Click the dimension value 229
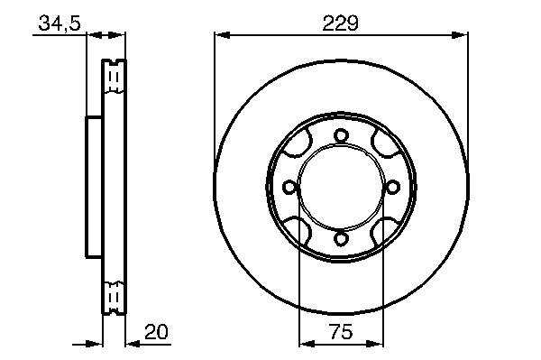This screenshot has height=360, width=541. [x=341, y=23]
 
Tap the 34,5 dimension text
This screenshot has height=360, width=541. [x=60, y=23]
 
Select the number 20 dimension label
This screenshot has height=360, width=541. [x=156, y=332]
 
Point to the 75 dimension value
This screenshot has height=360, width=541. [x=341, y=332]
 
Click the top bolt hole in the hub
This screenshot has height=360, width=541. [x=341, y=135]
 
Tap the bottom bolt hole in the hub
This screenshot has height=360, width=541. [x=341, y=239]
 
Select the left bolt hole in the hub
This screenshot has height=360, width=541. [x=289, y=188]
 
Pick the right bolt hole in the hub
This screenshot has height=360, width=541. [x=392, y=188]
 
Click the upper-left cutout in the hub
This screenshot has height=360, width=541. [x=298, y=144]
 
